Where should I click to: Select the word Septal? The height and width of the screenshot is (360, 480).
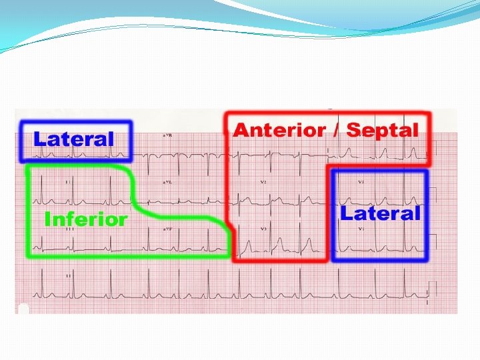[x=382, y=131]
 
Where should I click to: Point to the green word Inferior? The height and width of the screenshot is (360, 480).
[x=85, y=219]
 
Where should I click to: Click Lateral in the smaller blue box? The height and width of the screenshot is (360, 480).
[x=74, y=139]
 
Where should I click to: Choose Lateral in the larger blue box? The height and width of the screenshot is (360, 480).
[x=381, y=213]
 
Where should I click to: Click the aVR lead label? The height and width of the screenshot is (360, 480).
[x=167, y=135]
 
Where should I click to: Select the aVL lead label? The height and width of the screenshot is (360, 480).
[x=167, y=182]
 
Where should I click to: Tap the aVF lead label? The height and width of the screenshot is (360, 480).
[x=167, y=229]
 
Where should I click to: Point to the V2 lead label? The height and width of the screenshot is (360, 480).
[x=263, y=182]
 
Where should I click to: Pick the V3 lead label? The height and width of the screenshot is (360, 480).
[x=263, y=229]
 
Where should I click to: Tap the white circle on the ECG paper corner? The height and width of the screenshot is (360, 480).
[x=24, y=309]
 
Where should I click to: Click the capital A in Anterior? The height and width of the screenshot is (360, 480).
[x=241, y=130]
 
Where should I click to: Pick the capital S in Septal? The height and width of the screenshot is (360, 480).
[x=353, y=130]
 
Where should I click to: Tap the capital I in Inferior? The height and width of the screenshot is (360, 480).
[x=47, y=219]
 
